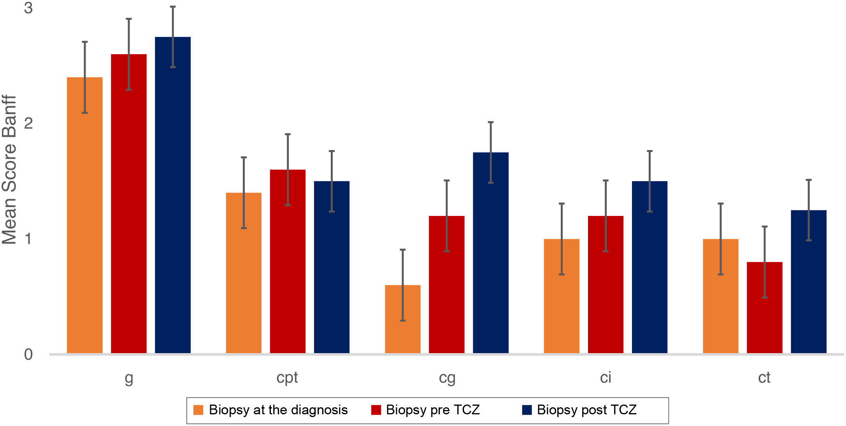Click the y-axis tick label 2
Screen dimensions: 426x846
[28, 123]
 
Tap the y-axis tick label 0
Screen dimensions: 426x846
[28, 355]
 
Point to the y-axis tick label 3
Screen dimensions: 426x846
[28, 8]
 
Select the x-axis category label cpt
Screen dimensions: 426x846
[287, 378]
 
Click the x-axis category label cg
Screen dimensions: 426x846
[447, 378]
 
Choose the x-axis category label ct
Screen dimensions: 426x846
[764, 378]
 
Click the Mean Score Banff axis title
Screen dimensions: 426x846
[9, 170]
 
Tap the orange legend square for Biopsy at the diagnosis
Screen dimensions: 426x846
[198, 410]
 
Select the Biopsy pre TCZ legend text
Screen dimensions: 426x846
[433, 410]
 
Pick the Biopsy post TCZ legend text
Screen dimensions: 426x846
[586, 410]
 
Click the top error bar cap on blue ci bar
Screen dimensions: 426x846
[649, 151]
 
